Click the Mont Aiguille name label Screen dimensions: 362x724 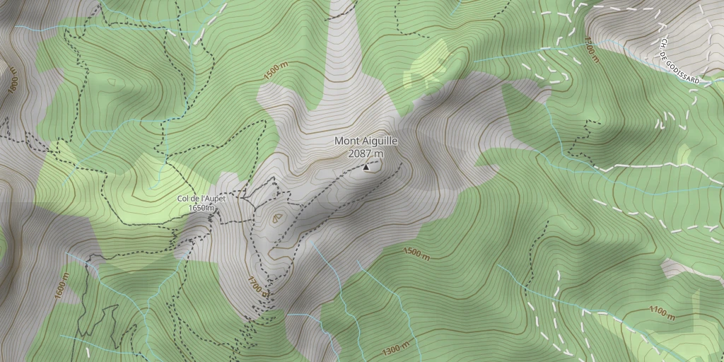click(x=366, y=141)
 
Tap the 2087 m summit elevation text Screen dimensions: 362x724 click(x=366, y=153)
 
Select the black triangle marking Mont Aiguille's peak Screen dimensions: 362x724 click(x=366, y=168)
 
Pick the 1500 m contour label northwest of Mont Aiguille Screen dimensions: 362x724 click(x=276, y=71)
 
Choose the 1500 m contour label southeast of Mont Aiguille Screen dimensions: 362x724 click(x=416, y=254)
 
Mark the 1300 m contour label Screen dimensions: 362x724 click(x=395, y=349)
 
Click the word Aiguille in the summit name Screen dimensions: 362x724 click(x=379, y=141)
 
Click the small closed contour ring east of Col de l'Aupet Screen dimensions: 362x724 click(x=276, y=218)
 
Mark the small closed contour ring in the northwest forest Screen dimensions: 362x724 click(x=114, y=82)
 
